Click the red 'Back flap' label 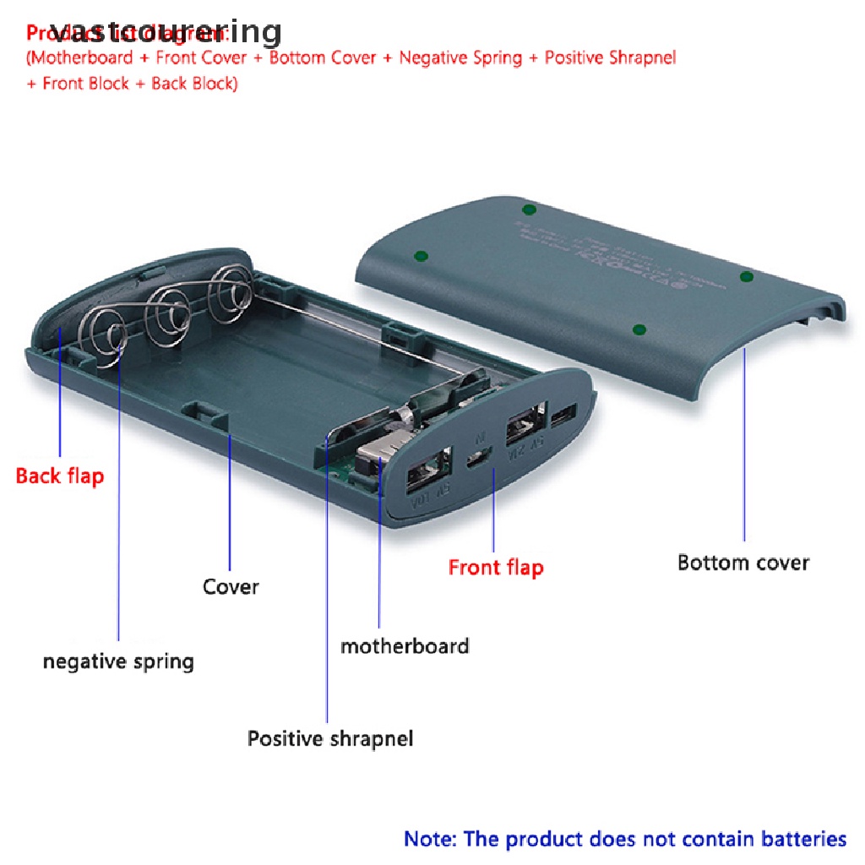click(x=60, y=476)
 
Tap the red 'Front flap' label click(x=496, y=568)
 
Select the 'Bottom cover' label click(x=743, y=563)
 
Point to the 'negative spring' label click(x=118, y=661)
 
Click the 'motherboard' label click(x=405, y=647)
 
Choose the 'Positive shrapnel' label click(x=330, y=739)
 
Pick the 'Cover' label click(x=231, y=586)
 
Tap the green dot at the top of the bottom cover click(x=529, y=209)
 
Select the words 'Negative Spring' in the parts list click(x=460, y=58)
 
